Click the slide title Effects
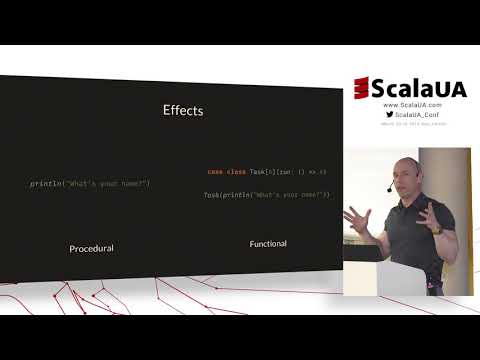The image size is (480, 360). [183, 110]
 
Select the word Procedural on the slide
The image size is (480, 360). [91, 248]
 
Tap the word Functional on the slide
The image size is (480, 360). [268, 243]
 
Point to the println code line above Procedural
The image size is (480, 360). [90, 185]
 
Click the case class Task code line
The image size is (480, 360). [267, 172]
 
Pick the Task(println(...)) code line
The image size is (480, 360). [267, 193]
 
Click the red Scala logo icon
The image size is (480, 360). [362, 88]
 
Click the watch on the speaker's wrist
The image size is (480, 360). [437, 229]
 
